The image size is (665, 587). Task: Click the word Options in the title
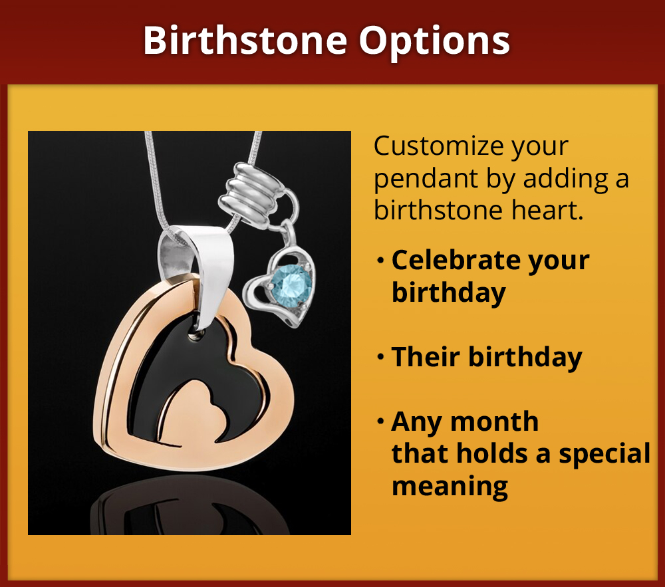(x=435, y=41)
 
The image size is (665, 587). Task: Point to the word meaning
(x=450, y=486)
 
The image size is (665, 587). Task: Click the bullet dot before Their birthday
(x=380, y=358)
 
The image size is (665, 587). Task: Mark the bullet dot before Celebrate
(x=380, y=261)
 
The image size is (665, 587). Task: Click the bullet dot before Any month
(x=380, y=422)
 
